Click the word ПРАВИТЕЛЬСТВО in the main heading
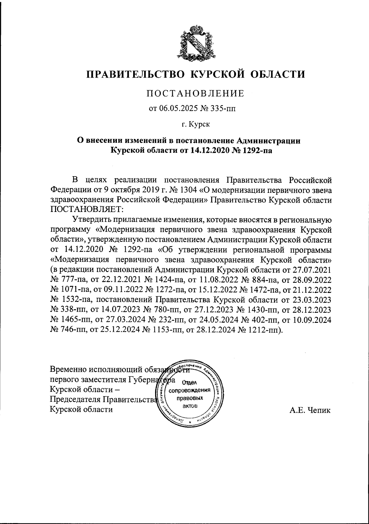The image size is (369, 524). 136,75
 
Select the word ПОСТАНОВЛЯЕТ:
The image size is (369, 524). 87,209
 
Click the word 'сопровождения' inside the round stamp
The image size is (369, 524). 189,390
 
